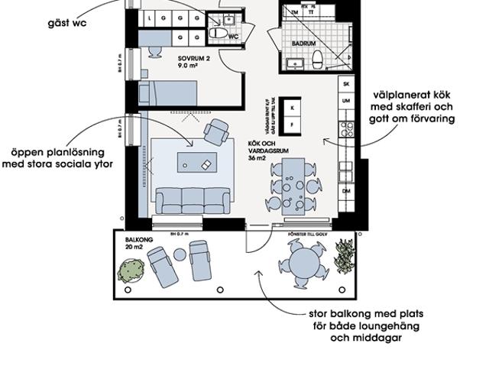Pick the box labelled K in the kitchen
(x=291, y=108)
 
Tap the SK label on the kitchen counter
(x=346, y=83)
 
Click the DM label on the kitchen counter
(x=346, y=190)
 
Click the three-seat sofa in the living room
(x=193, y=200)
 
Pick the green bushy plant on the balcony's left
(x=132, y=270)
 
